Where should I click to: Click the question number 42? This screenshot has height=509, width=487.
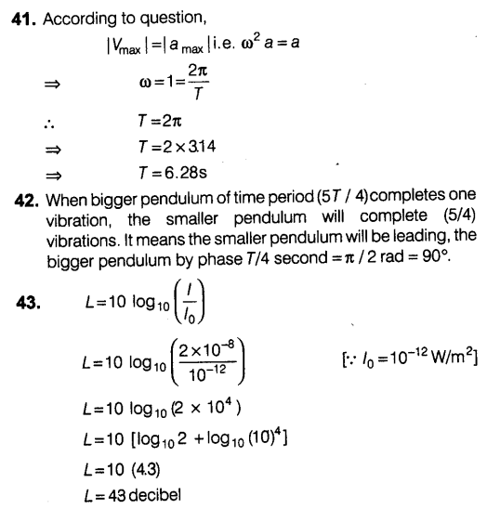tap(21, 198)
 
